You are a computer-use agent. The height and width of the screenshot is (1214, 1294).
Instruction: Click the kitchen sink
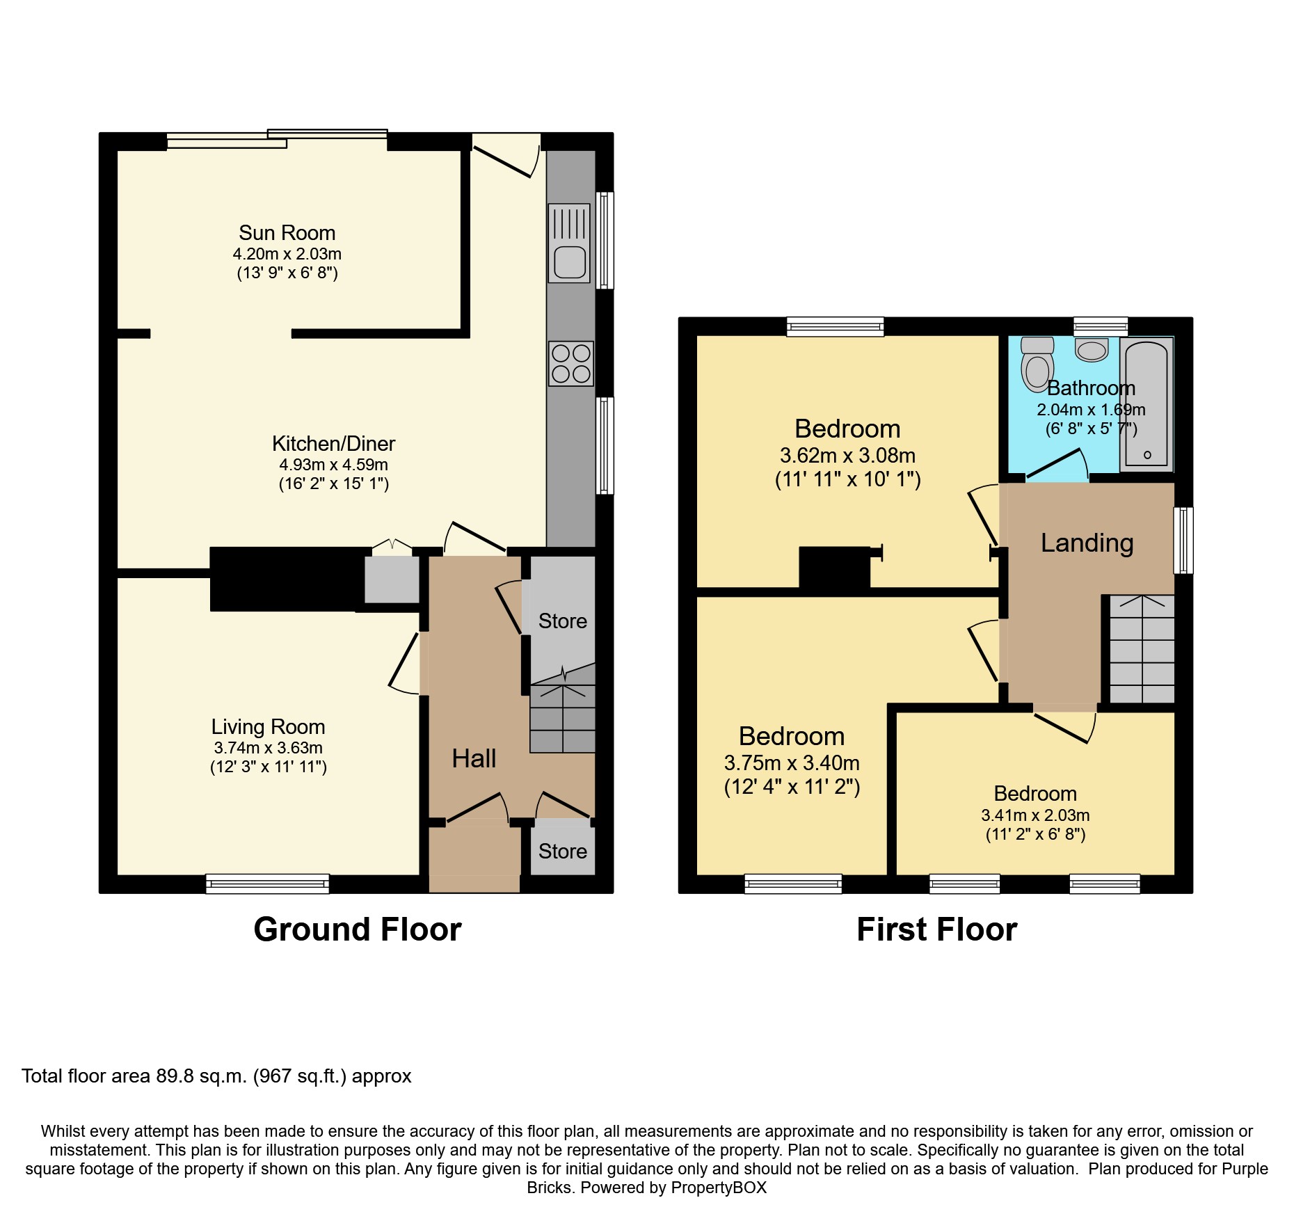pyautogui.click(x=569, y=243)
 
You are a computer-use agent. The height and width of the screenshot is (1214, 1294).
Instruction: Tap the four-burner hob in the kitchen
pyautogui.click(x=570, y=363)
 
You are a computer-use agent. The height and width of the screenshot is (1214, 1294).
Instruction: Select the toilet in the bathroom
pyautogui.click(x=1037, y=364)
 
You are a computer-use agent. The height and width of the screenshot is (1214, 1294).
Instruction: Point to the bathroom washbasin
pyautogui.click(x=1092, y=350)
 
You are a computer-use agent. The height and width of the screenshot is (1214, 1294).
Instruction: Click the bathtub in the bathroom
pyautogui.click(x=1147, y=405)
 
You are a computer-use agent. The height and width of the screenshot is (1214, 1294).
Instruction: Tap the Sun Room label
pyautogui.click(x=287, y=232)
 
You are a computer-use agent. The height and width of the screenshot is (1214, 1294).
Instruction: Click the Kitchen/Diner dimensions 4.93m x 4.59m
pyautogui.click(x=334, y=465)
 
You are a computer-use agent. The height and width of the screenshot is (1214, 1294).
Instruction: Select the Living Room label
pyautogui.click(x=269, y=727)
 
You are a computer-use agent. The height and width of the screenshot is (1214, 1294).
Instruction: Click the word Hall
pyautogui.click(x=474, y=758)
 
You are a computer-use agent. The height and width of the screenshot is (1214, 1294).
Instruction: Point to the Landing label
pyautogui.click(x=1087, y=543)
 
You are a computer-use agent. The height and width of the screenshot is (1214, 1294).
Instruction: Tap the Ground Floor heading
pyautogui.click(x=358, y=929)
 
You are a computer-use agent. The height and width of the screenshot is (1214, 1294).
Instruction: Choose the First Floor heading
pyautogui.click(x=937, y=929)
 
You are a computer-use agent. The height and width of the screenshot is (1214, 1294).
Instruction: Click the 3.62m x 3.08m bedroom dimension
pyautogui.click(x=848, y=456)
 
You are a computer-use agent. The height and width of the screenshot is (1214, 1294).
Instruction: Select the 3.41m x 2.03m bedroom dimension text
pyautogui.click(x=1036, y=815)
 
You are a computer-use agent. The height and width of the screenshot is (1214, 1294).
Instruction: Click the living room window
pyautogui.click(x=268, y=884)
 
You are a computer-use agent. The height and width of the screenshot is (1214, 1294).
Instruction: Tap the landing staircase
pyautogui.click(x=1142, y=649)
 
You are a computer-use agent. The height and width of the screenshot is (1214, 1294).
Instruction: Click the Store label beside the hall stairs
pyautogui.click(x=563, y=621)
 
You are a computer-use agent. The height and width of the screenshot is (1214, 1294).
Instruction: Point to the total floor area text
pyautogui.click(x=216, y=1076)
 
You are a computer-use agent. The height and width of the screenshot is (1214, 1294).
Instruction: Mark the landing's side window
pyautogui.click(x=1184, y=541)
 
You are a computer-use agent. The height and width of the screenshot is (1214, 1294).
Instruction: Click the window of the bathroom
pyautogui.click(x=1101, y=326)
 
